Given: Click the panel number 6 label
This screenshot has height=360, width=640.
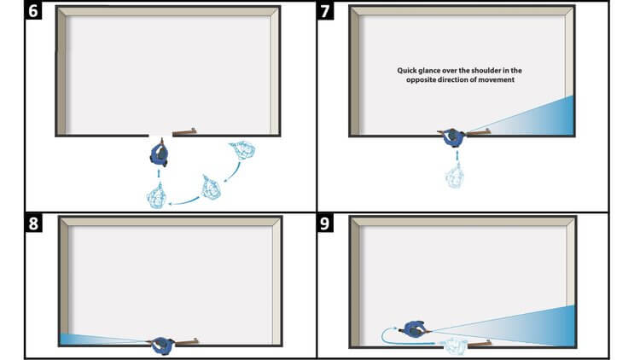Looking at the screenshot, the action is tap(33, 10).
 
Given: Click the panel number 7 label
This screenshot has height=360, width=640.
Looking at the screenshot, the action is tap(325, 10).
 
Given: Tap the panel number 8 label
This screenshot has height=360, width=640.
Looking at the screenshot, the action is tap(33, 223).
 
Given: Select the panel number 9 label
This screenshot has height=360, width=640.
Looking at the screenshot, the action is tap(325, 223).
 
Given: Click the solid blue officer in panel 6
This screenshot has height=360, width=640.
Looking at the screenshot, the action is tap(160, 153).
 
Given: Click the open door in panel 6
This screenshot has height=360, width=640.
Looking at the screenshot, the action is tap(184, 132).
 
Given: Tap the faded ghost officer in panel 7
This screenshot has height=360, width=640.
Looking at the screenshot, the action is tap(455, 176).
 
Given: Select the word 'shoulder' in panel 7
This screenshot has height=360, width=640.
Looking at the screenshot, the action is tap(486, 70).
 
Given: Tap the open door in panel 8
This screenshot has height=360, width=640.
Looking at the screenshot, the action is tap(187, 341).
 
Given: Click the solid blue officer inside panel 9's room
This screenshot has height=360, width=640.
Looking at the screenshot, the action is tap(414, 328).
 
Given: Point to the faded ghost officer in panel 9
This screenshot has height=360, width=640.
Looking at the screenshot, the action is tap(455, 345).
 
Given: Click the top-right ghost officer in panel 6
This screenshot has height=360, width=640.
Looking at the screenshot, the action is tap(242, 150).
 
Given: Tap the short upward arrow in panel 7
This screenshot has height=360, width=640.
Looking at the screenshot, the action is tap(457, 155).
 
